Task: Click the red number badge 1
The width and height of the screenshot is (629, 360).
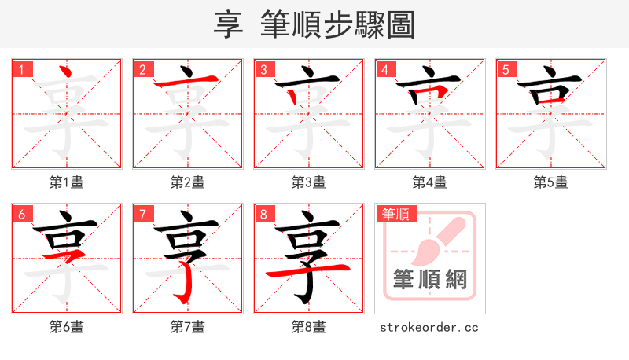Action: pyautogui.click(x=21, y=69)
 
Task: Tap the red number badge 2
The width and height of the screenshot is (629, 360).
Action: pyautogui.click(x=142, y=69)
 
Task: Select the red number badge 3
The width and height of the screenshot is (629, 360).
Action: pyautogui.click(x=263, y=69)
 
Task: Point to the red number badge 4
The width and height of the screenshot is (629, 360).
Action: pyautogui.click(x=384, y=69)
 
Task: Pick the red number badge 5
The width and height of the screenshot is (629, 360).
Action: pyautogui.click(x=506, y=69)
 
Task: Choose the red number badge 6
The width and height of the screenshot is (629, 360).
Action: pyautogui.click(x=21, y=214)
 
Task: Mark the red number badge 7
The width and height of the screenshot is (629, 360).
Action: pyautogui.click(x=142, y=214)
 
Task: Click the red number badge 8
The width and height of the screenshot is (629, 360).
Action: pyautogui.click(x=263, y=214)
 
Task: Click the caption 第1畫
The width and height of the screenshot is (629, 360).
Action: pyautogui.click(x=67, y=182)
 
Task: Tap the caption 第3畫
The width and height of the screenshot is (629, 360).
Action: pyautogui.click(x=309, y=182)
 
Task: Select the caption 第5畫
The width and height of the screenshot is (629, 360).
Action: pyautogui.click(x=551, y=182)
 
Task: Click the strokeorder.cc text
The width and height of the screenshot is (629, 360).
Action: pyautogui.click(x=429, y=327)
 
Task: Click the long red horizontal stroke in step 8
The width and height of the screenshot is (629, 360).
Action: pyautogui.click(x=309, y=270)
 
